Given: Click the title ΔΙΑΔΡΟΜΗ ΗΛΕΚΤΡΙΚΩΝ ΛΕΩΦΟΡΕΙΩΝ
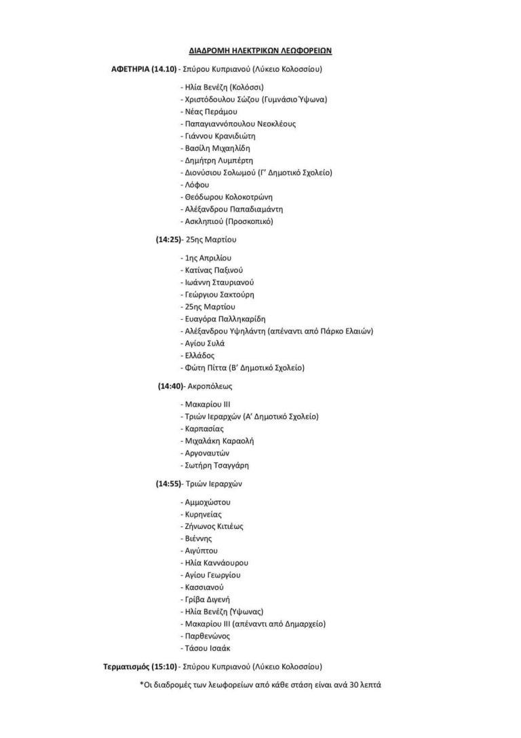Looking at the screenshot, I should (260, 51).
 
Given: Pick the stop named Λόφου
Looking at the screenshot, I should (197, 185).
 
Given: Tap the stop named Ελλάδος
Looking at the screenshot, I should (199, 355).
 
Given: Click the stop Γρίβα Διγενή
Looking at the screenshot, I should (208, 599).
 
